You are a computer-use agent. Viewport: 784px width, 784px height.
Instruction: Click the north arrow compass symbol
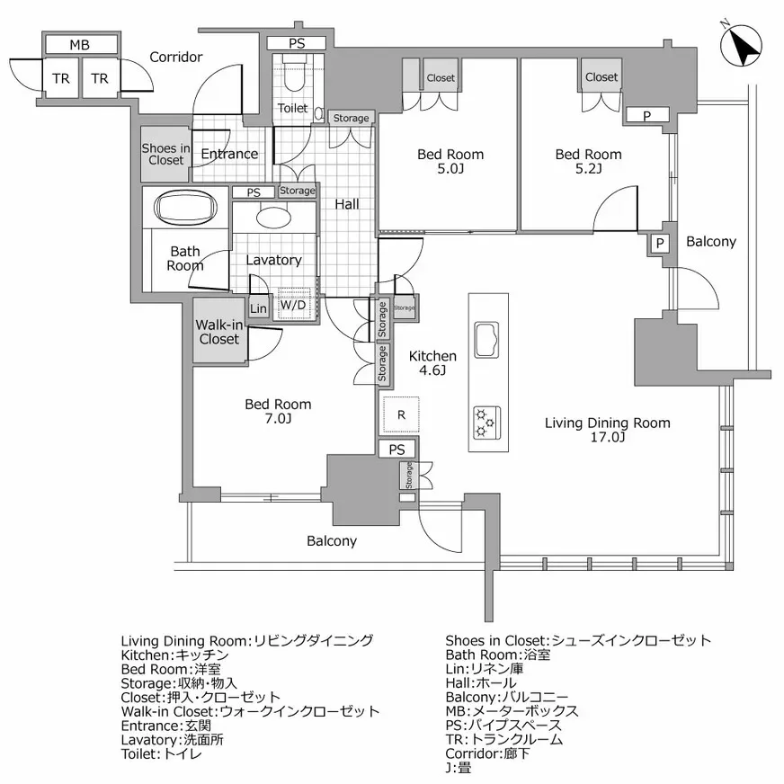pyautogui.click(x=742, y=45)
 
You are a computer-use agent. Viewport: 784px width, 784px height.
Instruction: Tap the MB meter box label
pyautogui.click(x=80, y=44)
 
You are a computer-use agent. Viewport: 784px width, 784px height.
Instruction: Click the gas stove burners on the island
pyautogui.click(x=486, y=420)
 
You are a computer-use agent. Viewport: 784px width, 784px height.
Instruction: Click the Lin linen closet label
pyautogui.click(x=258, y=308)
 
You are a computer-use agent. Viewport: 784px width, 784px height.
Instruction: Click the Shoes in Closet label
pyautogui.click(x=165, y=155)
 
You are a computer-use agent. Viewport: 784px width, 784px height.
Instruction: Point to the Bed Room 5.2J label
pyautogui.click(x=588, y=161)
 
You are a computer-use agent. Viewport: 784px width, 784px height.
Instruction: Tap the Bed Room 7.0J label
pyautogui.click(x=279, y=411)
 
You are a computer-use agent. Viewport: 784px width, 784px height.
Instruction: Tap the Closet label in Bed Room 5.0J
pyautogui.click(x=441, y=78)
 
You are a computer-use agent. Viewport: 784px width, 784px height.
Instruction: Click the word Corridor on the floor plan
pyautogui.click(x=175, y=57)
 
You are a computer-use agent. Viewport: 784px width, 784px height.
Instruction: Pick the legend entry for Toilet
pyautogui.click(x=162, y=753)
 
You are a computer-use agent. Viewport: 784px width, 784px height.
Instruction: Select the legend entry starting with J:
pyautogui.click(x=459, y=768)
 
